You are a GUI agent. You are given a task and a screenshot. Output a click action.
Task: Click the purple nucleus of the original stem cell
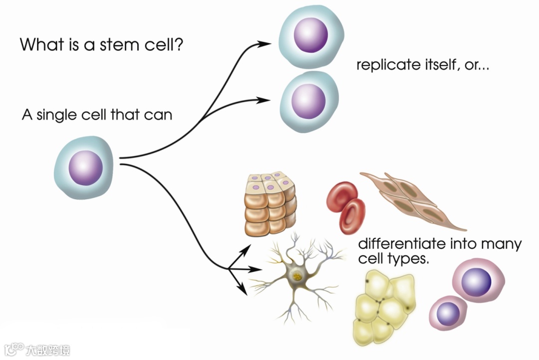[85, 168]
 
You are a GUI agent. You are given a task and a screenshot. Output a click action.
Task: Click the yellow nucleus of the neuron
[297, 275]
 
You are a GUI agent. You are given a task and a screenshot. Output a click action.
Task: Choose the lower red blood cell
[352, 216]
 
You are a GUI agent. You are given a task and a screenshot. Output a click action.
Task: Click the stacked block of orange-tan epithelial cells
[270, 204]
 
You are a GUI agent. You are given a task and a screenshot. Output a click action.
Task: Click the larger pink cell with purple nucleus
[478, 281]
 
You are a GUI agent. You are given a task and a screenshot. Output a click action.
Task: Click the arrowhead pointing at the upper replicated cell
[265, 43]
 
